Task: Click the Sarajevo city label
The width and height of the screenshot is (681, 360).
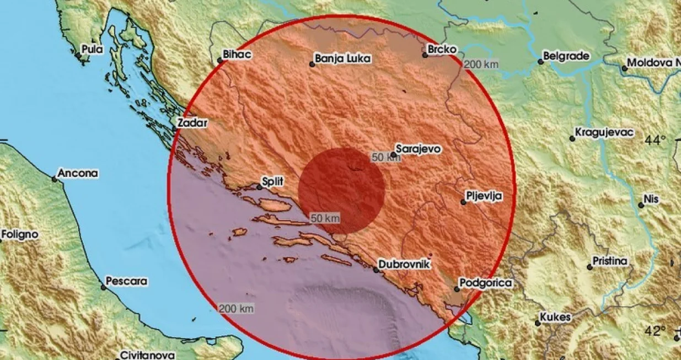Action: (419, 148)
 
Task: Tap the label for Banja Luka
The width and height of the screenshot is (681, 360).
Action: (342, 58)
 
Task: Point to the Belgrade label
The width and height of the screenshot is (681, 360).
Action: (566, 56)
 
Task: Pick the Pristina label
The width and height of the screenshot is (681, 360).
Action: (610, 261)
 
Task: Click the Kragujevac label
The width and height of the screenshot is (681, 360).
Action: (604, 132)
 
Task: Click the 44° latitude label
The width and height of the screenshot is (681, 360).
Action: (656, 140)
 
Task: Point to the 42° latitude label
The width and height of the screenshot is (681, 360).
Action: (656, 331)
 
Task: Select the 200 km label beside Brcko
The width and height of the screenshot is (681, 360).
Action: (481, 65)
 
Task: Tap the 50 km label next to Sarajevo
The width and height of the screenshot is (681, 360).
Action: (385, 158)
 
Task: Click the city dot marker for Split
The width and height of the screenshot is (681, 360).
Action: (260, 187)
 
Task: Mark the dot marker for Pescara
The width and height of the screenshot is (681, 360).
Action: (104, 287)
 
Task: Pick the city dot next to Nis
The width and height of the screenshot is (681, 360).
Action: (641, 205)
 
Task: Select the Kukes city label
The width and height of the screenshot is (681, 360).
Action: (555, 318)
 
